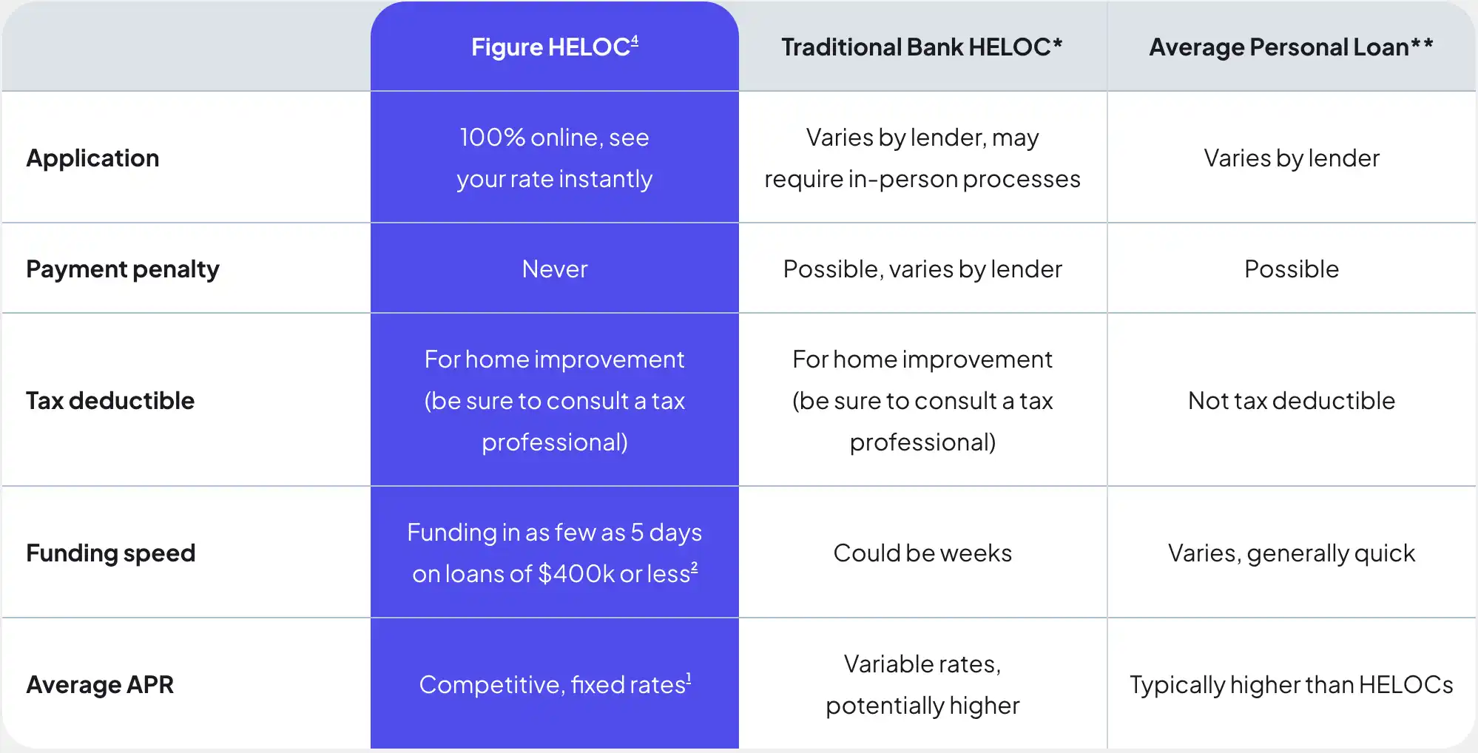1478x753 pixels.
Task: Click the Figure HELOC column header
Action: (555, 47)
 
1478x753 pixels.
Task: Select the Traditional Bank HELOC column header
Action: (922, 47)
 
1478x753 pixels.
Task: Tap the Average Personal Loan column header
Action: (1291, 47)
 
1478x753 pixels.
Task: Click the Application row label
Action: (92, 158)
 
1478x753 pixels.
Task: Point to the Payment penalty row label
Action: (123, 269)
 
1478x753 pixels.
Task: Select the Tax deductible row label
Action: (110, 401)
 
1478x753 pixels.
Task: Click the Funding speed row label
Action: (111, 553)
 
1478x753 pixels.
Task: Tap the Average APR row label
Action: (100, 685)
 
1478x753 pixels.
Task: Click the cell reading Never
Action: (555, 269)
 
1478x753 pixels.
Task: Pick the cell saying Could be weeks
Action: (922, 553)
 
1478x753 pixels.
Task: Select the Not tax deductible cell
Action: (1292, 401)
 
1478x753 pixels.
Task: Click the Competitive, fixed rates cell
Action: (555, 684)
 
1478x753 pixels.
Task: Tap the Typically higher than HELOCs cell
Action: (1292, 685)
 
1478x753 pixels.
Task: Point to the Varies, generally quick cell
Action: (1292, 553)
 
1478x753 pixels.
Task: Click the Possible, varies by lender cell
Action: (922, 269)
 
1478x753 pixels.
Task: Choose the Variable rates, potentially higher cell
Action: (922, 685)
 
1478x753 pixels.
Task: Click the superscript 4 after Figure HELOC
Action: (635, 41)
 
